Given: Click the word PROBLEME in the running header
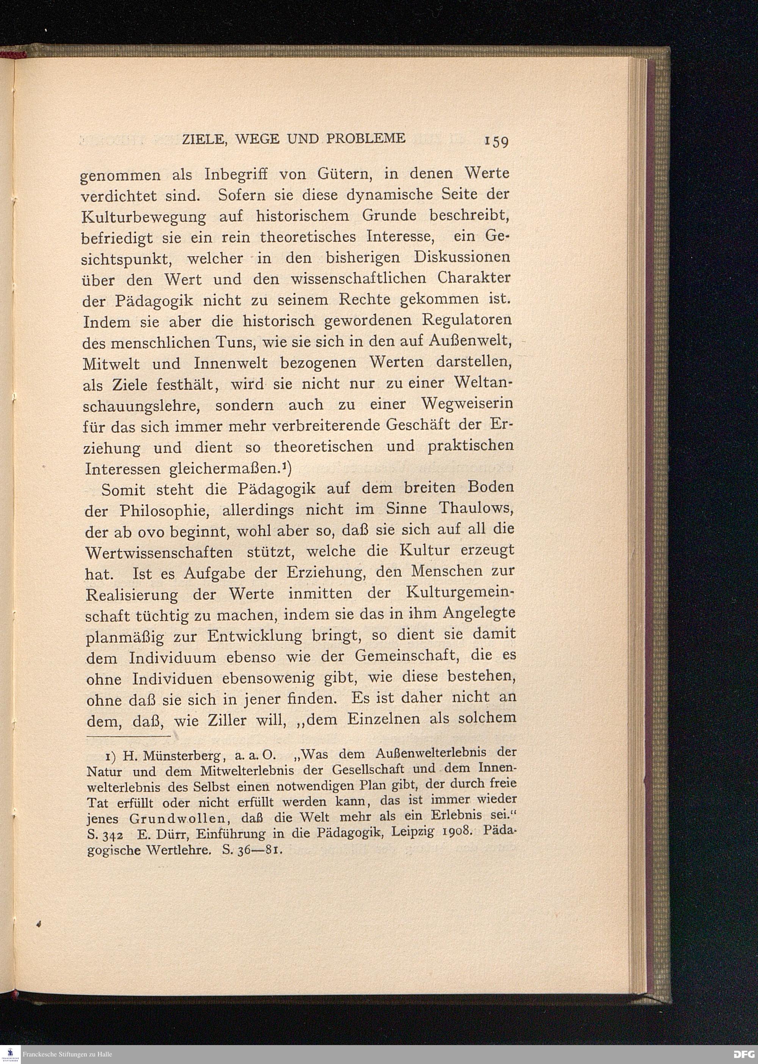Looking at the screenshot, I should tap(366, 139).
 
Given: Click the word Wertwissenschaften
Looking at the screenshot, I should tap(159, 552).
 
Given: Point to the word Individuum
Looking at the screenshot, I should tap(173, 659).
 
